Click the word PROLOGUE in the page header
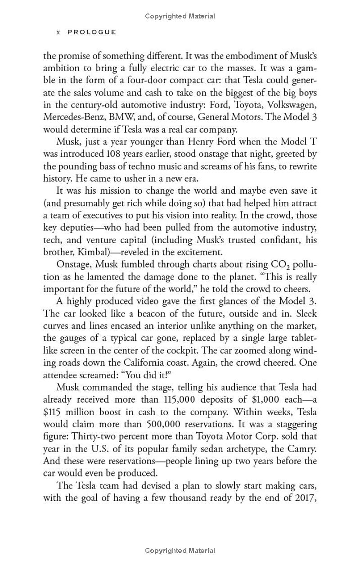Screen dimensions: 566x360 point(92,32)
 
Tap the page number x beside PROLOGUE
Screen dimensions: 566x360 point(58,32)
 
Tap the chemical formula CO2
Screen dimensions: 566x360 point(275,264)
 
